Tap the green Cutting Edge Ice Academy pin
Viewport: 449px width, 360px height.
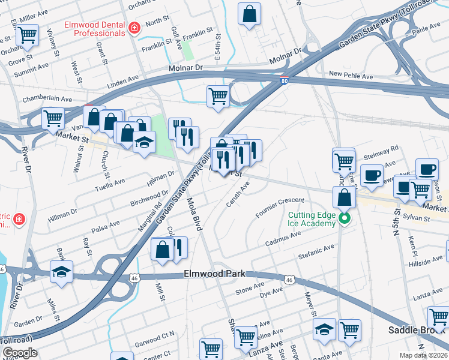[x=345, y=218]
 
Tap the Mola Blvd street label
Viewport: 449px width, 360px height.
[x=193, y=214]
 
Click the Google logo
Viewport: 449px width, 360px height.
[x=20, y=353]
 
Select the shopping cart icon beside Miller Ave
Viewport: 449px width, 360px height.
[x=26, y=35]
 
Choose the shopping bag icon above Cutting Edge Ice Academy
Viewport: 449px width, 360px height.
[x=345, y=196]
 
